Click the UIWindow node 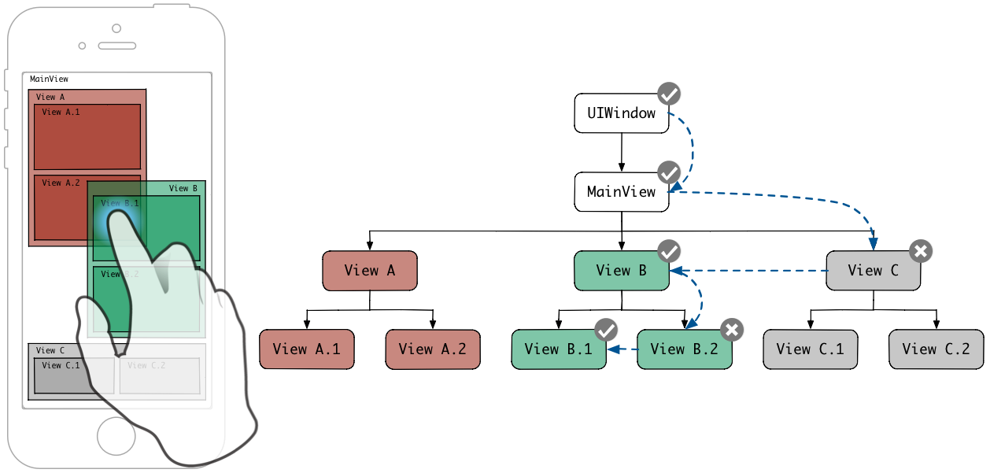click(x=621, y=113)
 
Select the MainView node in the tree click(x=621, y=192)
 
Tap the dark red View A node click(x=369, y=271)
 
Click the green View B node click(x=621, y=271)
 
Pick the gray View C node click(x=873, y=271)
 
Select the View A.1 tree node click(x=306, y=349)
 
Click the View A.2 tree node click(x=432, y=349)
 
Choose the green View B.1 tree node click(x=558, y=349)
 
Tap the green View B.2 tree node click(x=684, y=349)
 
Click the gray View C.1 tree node click(x=810, y=349)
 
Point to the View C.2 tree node click(x=936, y=349)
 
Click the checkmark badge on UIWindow click(x=669, y=94)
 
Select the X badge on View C click(x=921, y=251)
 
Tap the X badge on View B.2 click(x=732, y=330)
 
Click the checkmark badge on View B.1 click(x=606, y=330)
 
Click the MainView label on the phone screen click(x=49, y=79)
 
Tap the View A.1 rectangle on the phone click(x=87, y=137)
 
